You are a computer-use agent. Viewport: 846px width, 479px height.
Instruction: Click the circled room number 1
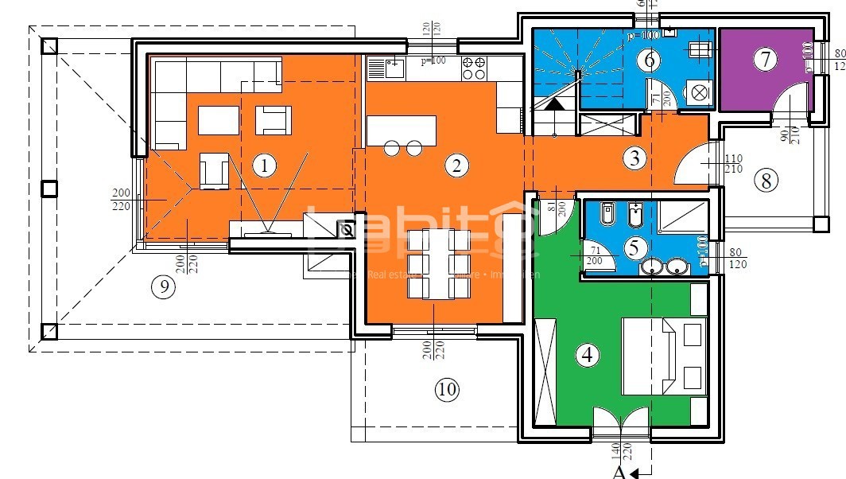pos(263,166)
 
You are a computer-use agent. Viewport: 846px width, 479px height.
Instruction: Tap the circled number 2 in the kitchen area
pos(456,166)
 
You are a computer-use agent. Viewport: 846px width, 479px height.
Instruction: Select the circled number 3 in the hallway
pos(634,158)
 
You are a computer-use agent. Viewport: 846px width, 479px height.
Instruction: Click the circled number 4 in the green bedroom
pos(588,354)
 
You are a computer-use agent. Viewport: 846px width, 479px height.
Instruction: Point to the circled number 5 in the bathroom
pos(633,247)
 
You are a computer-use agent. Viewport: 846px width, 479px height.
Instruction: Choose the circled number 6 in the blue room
pos(648,59)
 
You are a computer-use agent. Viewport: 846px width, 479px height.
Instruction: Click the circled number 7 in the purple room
pos(765,59)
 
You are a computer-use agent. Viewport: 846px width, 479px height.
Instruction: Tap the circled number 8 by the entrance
pos(766,181)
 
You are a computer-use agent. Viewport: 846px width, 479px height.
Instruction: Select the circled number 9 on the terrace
pos(163,287)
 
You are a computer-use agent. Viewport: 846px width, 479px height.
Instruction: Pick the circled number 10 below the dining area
pos(447,389)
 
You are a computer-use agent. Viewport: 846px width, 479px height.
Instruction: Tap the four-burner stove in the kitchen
pos(475,68)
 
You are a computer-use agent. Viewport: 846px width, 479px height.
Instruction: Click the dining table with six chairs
pos(434,263)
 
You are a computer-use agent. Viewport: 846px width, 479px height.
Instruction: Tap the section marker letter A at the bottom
pos(619,473)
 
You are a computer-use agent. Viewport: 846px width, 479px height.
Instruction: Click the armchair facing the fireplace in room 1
pos(214,172)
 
